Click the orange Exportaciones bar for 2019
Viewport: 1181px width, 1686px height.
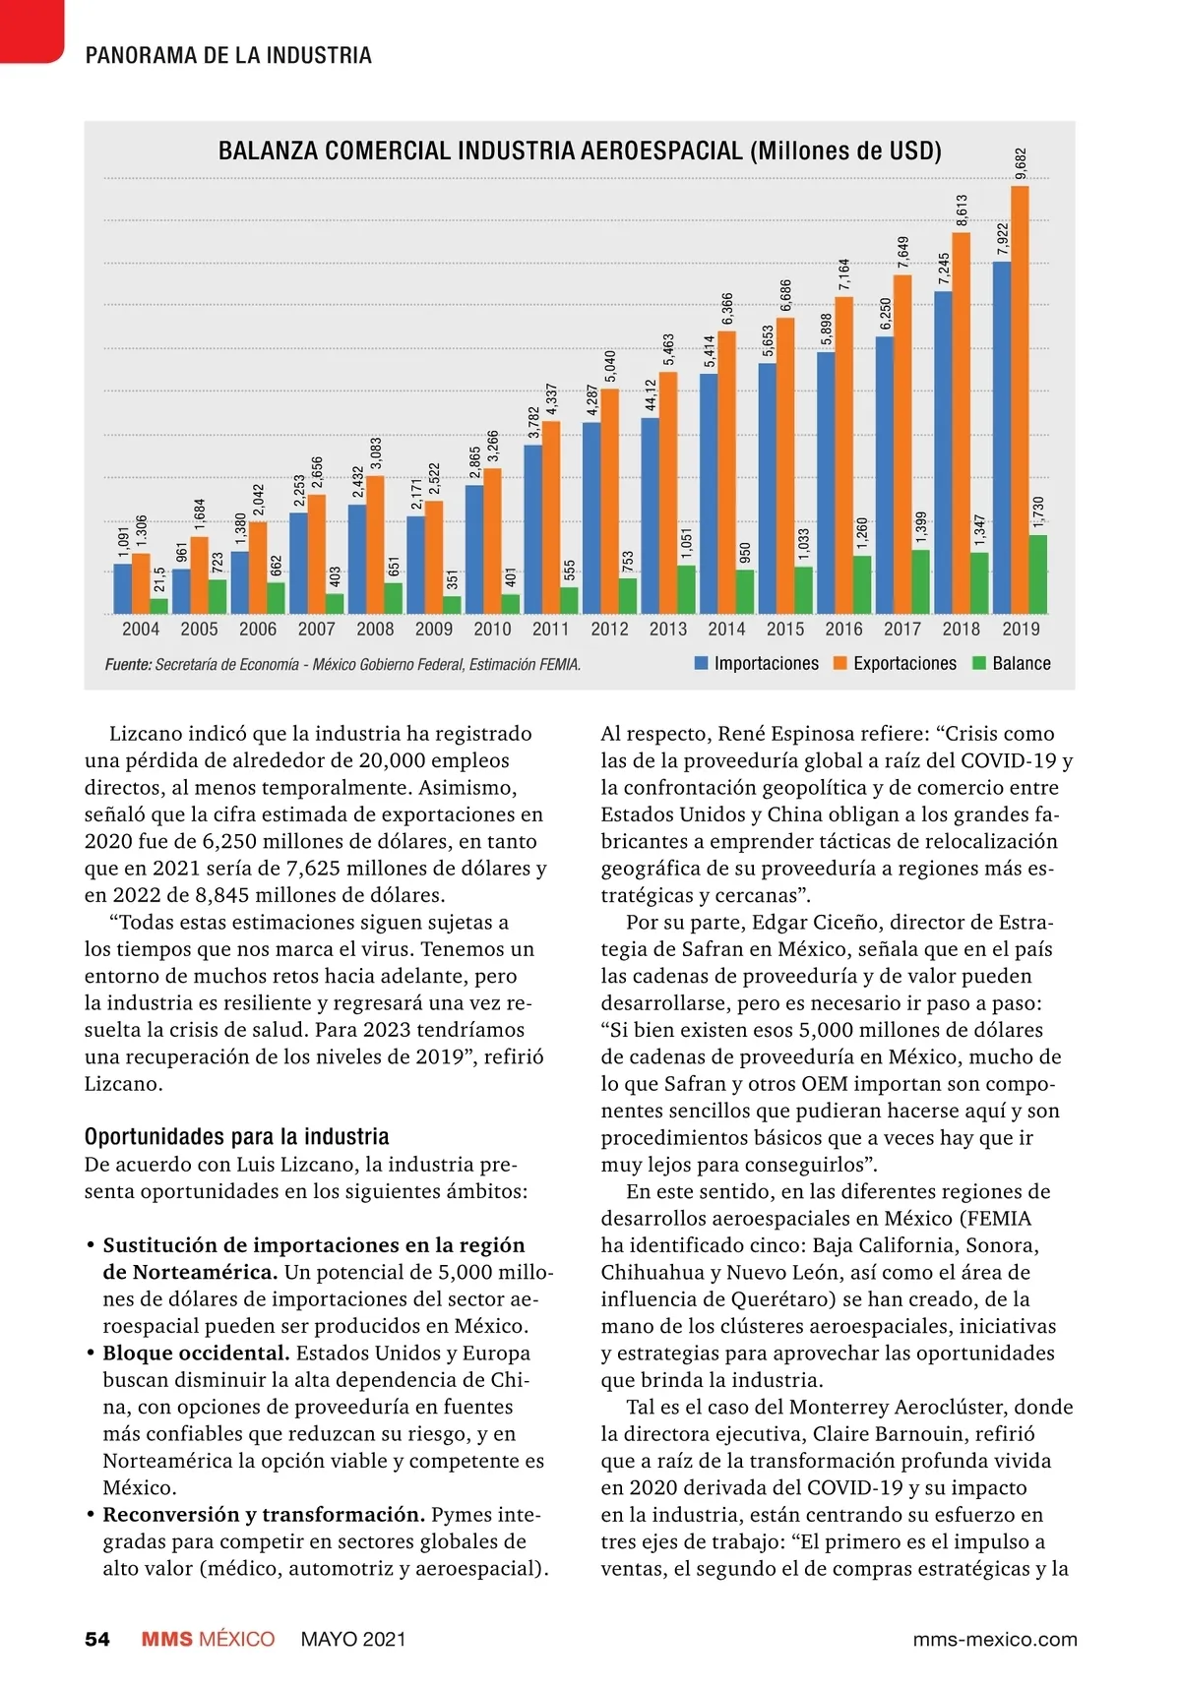1020,398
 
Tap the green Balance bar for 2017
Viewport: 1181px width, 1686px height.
920,581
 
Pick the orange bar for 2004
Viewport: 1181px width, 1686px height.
141,583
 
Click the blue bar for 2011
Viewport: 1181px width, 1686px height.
532,529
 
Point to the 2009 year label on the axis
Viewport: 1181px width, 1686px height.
434,630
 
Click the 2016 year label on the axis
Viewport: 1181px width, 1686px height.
843,630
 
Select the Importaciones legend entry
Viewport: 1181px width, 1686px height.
757,664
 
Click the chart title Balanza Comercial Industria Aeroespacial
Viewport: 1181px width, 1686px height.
580,151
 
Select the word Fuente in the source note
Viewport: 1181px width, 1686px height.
128,665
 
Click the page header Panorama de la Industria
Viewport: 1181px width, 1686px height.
228,56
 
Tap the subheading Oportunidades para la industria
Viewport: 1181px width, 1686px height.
237,1137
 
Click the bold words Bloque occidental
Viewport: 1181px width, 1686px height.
196,1354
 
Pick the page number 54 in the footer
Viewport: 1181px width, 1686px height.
97,1639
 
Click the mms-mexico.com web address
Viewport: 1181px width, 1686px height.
995,1640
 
